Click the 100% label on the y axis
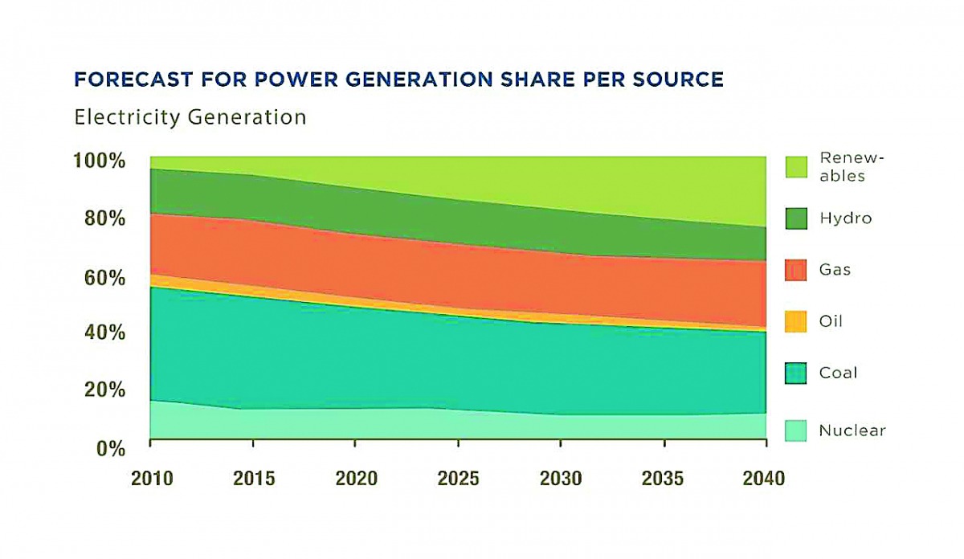[100, 161]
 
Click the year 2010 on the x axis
[151, 479]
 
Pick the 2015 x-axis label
[253, 479]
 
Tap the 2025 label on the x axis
[458, 479]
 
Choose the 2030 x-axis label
[561, 479]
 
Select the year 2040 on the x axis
[763, 479]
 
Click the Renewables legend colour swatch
[795, 167]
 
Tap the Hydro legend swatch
[795, 218]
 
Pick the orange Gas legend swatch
[795, 270]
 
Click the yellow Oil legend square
[795, 321]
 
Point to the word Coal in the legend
[838, 373]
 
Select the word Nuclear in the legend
[852, 430]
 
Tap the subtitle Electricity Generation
[190, 117]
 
